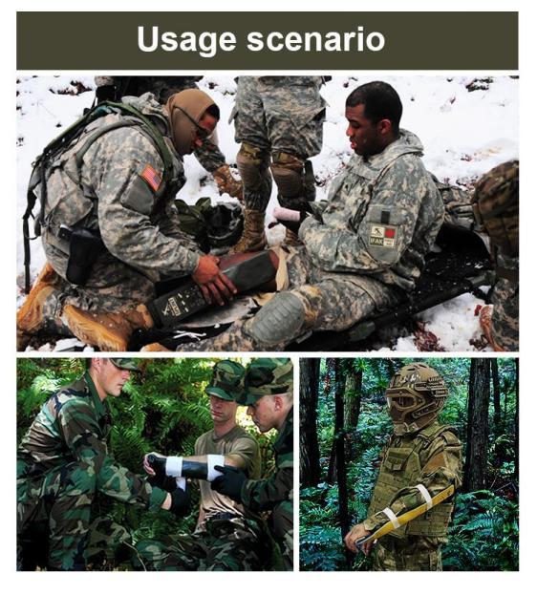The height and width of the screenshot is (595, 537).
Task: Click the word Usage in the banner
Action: tap(186, 40)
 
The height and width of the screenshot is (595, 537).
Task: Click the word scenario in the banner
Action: tap(316, 38)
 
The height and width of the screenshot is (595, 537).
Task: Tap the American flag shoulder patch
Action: tap(152, 178)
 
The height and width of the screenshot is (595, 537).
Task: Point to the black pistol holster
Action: tap(81, 255)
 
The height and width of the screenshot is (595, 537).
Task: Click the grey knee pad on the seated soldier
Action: tap(279, 316)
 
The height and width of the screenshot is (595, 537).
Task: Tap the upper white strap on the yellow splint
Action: tap(424, 497)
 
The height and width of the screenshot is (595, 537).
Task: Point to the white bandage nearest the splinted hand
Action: tap(174, 466)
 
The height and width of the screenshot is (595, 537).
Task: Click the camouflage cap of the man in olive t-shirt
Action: tap(225, 381)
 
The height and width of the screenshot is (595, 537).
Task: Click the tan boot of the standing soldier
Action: tap(251, 229)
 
